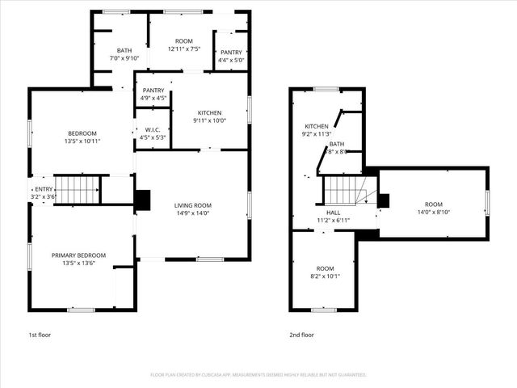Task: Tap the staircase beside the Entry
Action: coord(78,190)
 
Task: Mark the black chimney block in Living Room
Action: coord(143,200)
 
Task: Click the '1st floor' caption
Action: coord(40,334)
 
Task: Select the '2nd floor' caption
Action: coord(301,334)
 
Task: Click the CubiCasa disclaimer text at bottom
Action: coord(258,375)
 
